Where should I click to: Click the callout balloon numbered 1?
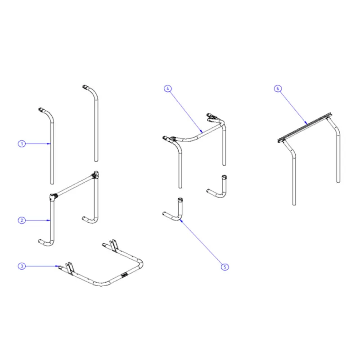21,144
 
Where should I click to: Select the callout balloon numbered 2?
21,220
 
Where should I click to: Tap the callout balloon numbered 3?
21,266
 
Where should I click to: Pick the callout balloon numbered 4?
167,89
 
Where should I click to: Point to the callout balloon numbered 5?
225,266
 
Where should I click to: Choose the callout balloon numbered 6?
278,89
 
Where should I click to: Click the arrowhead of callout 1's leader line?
50,144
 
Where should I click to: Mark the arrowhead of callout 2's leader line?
50,220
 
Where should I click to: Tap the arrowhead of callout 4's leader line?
203,130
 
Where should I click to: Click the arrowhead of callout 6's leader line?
307,122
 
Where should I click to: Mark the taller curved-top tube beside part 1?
94,121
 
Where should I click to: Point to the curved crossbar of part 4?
198,134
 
